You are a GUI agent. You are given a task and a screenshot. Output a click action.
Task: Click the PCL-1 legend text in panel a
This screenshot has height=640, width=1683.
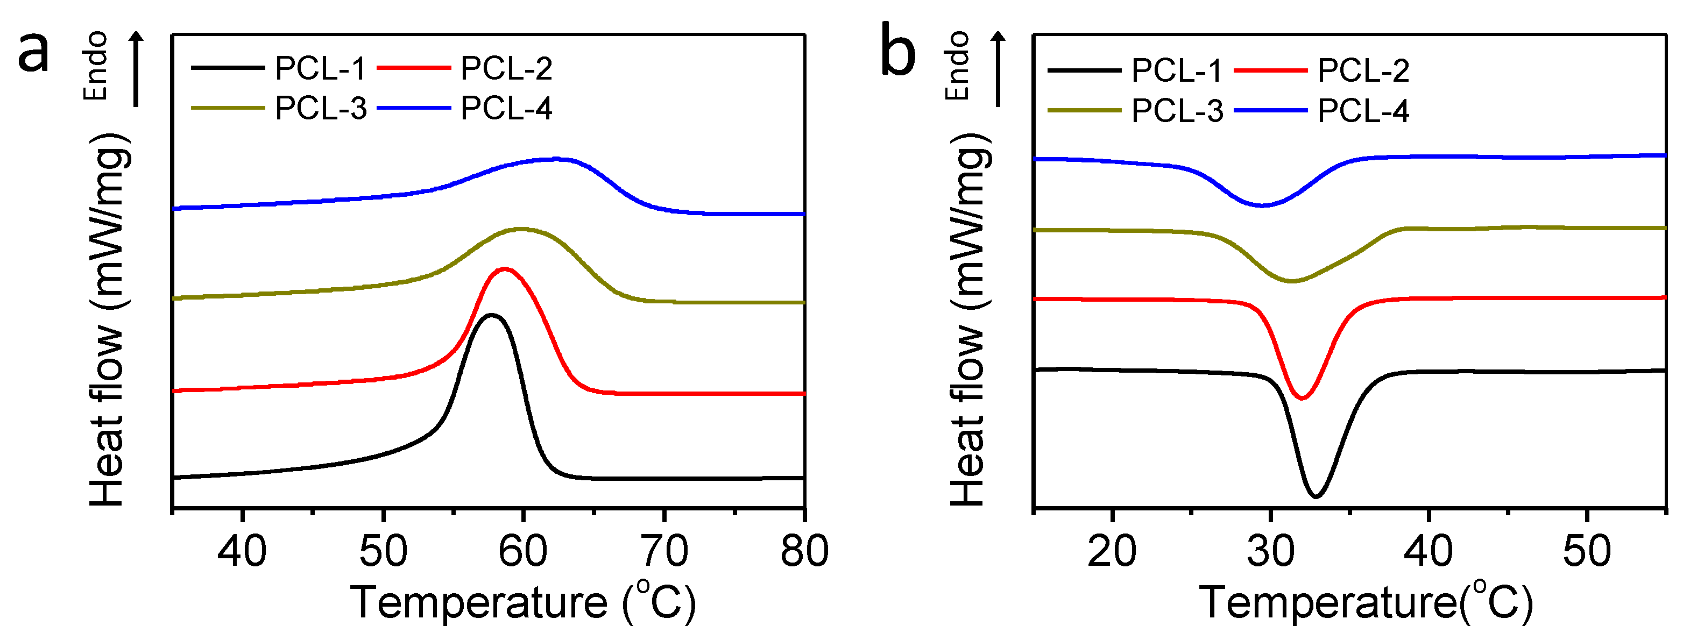pos(320,69)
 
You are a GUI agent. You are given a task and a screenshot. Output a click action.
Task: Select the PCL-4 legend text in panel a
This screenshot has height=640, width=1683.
pos(506,109)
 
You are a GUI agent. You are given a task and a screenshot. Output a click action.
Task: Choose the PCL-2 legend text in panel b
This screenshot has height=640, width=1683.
pos(1363,70)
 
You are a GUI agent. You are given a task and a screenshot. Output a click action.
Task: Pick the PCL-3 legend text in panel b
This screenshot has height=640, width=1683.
pos(1177,111)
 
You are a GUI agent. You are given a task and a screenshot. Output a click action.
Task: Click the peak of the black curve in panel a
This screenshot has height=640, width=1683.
pos(491,315)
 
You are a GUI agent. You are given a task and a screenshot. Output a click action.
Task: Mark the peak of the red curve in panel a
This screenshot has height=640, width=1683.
pos(504,268)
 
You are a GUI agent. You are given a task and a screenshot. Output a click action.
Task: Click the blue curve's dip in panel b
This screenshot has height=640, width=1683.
pos(1262,205)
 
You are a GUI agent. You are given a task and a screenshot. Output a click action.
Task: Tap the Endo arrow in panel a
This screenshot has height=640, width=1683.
pos(136,69)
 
